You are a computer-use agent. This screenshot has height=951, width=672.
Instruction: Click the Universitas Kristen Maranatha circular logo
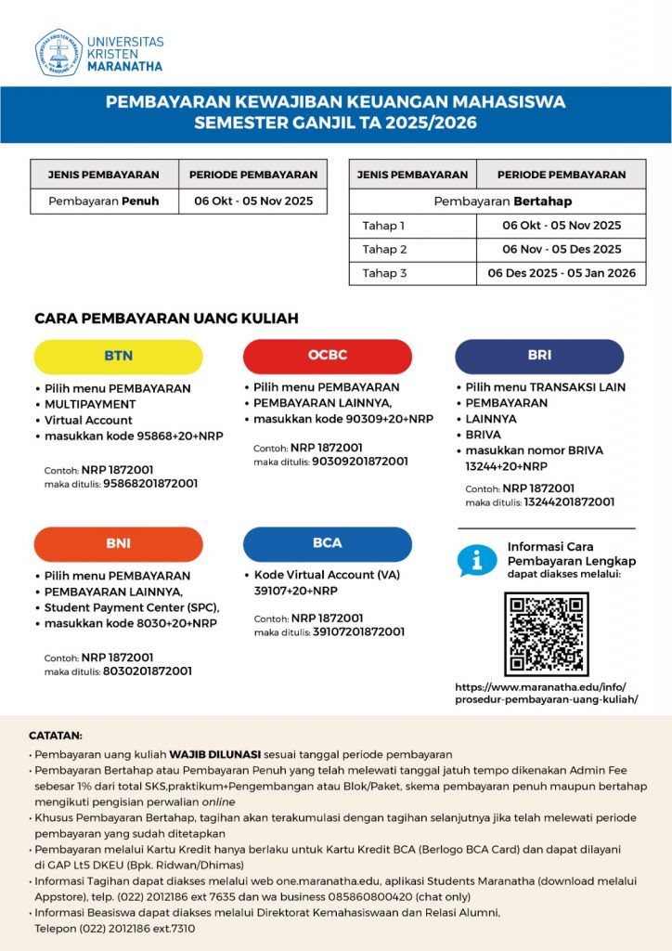click(58, 53)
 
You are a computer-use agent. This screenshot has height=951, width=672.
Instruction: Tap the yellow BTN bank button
click(118, 356)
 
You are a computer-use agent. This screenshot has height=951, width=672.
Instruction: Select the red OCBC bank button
click(327, 356)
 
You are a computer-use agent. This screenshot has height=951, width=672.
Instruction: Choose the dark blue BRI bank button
click(538, 356)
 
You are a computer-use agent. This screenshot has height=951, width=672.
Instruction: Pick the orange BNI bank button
click(118, 544)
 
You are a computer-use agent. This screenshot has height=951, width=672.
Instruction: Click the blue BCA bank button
click(327, 543)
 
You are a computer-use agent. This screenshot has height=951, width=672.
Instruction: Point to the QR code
click(546, 634)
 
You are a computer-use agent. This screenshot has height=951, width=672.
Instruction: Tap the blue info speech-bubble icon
click(477, 560)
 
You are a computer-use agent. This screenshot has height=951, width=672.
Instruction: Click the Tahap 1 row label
click(384, 226)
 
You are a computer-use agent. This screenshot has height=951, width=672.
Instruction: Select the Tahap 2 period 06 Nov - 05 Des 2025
click(562, 250)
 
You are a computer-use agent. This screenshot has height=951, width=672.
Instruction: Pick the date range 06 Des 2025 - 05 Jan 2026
click(562, 274)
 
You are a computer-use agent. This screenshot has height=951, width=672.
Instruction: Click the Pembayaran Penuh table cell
click(104, 201)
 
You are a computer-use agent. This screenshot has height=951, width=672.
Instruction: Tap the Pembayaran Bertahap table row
click(497, 202)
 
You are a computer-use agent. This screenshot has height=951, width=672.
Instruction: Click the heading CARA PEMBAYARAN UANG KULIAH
click(166, 319)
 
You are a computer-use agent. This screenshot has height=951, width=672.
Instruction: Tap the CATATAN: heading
click(56, 735)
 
